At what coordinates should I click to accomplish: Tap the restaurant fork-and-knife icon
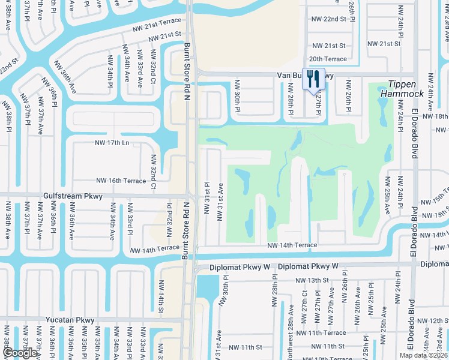pyautogui.click(x=313, y=79)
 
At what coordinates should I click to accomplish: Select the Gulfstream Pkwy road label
pyautogui.click(x=73, y=196)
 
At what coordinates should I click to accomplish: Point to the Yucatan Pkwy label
pyautogui.click(x=69, y=320)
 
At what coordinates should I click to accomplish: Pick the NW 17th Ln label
pyautogui.click(x=112, y=143)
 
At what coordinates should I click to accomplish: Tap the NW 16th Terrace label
pyautogui.click(x=121, y=181)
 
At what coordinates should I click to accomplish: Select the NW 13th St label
pyautogui.click(x=312, y=280)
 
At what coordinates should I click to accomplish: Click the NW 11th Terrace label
pyautogui.click(x=321, y=332)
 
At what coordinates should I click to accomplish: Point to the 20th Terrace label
pyautogui.click(x=328, y=59)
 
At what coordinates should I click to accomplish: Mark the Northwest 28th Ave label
pyautogui.click(x=291, y=329)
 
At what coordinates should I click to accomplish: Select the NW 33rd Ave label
pyautogui.click(x=139, y=74)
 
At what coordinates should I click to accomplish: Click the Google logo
pyautogui.click(x=20, y=353)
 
